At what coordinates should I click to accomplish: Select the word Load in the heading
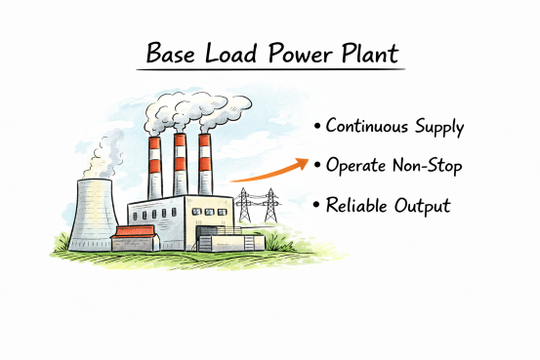(228, 54)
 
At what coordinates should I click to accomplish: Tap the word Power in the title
(292, 54)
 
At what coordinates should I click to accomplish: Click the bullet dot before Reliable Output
(317, 206)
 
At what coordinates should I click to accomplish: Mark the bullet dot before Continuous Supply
(317, 128)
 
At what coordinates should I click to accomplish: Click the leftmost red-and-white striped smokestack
(154, 166)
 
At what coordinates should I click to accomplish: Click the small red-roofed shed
(135, 236)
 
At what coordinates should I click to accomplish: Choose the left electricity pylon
(244, 207)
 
